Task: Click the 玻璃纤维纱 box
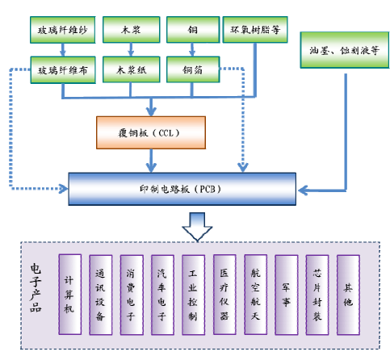coord(63,30)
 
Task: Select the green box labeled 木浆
coord(132,30)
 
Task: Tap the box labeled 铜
coord(193,30)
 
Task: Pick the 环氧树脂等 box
coord(255,30)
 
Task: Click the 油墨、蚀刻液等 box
coord(345,50)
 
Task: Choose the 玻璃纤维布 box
coord(63,70)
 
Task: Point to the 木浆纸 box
coord(132,69)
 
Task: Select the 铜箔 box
coord(193,69)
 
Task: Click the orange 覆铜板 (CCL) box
coord(151,132)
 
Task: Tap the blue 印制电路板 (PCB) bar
coord(182,189)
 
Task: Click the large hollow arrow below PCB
coord(197,227)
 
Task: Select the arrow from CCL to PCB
coord(151,161)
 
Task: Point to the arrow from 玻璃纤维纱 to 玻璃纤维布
coord(63,50)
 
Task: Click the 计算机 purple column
coord(70,295)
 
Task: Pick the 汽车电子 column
coord(162,295)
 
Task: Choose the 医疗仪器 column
coord(224,295)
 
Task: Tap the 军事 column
coord(287,295)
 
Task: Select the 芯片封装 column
coord(317,295)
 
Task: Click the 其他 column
coord(348,295)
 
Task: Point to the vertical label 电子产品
coord(36,287)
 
